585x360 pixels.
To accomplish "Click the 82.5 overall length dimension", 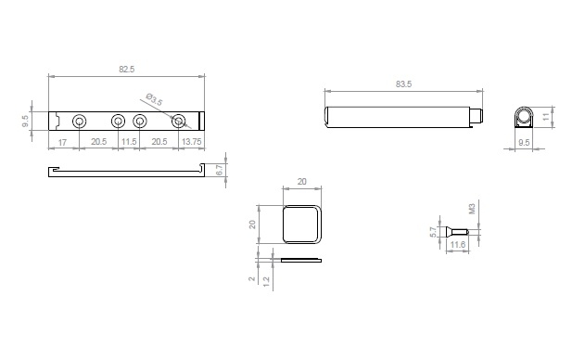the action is point(126,70).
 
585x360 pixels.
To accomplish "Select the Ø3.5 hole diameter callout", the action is point(154,99).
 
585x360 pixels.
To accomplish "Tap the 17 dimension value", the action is point(62,142).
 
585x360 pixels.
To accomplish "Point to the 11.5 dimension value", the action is point(129,142).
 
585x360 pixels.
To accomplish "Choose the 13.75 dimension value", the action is point(191,142).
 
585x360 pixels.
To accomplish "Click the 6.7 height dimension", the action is point(220,170).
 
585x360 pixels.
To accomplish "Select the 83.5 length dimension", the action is point(403,84).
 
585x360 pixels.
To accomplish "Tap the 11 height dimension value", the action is point(547,116).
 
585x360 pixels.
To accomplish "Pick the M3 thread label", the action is point(472,209).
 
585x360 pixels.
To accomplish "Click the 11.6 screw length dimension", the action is point(458,245).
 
